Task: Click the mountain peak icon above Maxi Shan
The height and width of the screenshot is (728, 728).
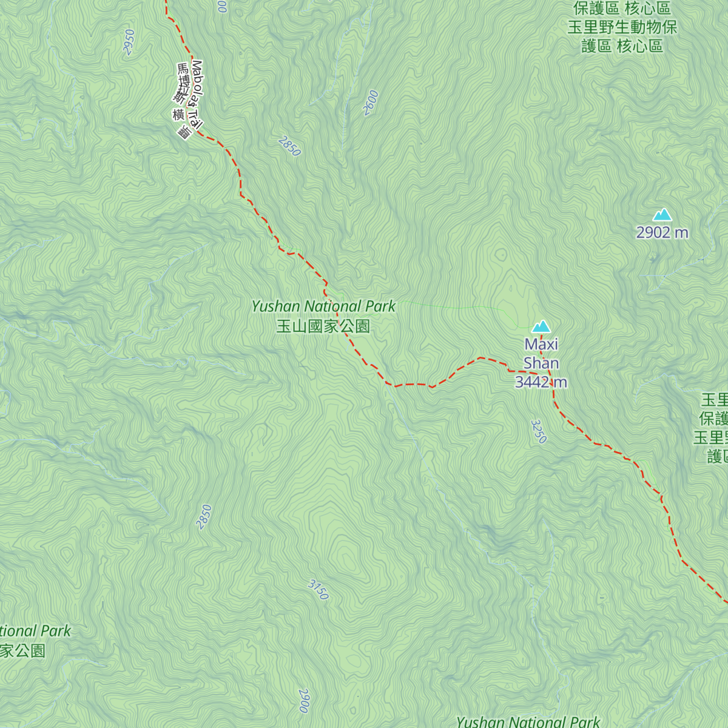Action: coord(541,327)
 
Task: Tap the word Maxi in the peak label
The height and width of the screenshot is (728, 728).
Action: coord(541,345)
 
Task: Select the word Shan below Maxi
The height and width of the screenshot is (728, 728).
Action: coord(541,363)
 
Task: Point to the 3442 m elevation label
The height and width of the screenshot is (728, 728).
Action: coord(541,382)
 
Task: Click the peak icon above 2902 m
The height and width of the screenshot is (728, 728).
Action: coord(662,215)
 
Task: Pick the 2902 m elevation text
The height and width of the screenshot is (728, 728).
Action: coord(662,232)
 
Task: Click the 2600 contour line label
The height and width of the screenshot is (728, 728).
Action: coord(371,103)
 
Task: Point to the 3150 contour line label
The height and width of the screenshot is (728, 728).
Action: coord(318,590)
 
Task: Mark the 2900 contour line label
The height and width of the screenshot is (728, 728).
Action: coord(304,701)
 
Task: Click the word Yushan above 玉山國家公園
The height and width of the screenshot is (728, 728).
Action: coord(276,306)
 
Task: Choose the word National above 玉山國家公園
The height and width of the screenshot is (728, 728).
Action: coord(333,306)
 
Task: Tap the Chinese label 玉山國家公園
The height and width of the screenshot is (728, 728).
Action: coord(323,326)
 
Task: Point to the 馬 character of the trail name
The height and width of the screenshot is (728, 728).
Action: coord(182,69)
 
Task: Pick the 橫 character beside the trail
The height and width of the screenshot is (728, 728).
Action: coord(178,115)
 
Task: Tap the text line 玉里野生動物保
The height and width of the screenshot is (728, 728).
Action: coord(622,27)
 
